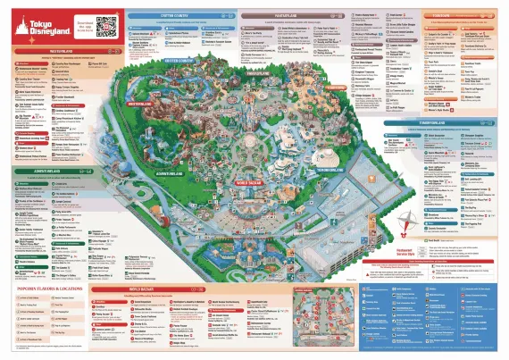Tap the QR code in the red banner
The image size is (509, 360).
[106, 25]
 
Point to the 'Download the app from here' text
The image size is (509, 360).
[83, 27]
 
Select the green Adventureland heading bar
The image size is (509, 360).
[54, 169]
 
